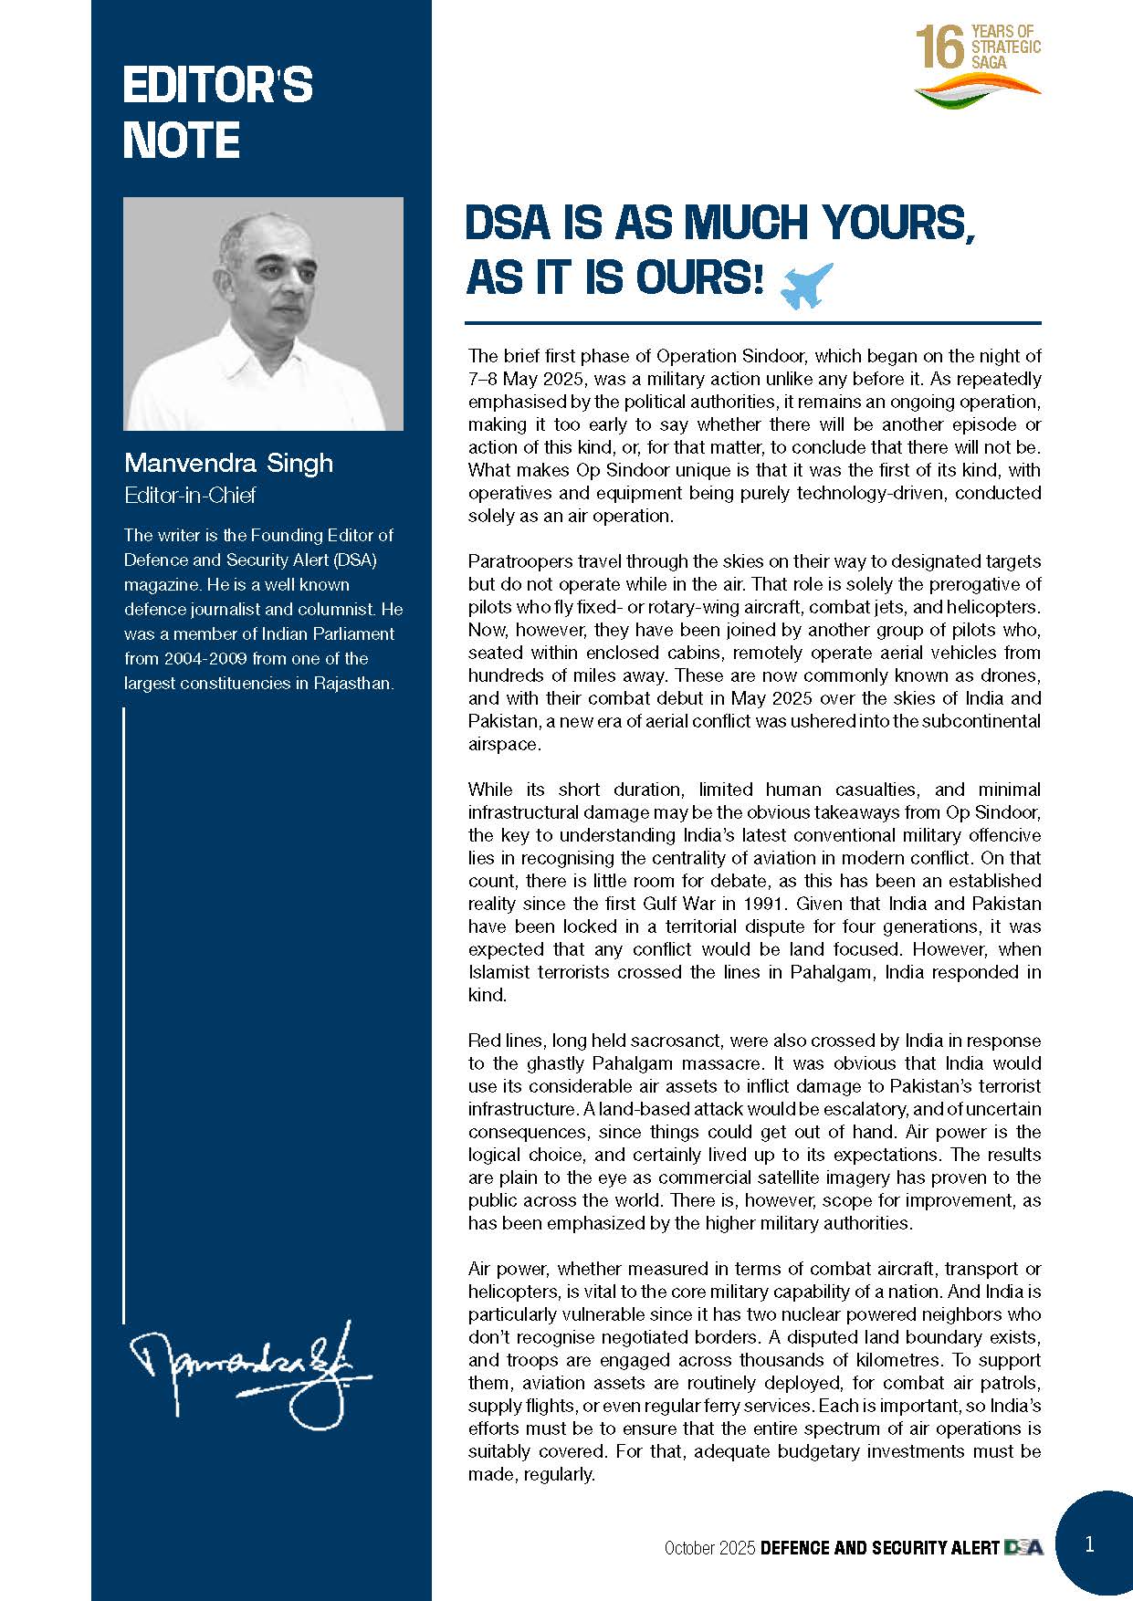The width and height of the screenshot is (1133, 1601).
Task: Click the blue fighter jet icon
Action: pos(808,286)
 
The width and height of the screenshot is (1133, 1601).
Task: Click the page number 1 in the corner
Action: pos(1089,1543)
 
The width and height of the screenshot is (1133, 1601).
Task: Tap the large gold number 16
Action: pos(939,47)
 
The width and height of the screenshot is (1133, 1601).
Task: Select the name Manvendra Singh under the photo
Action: pos(228,463)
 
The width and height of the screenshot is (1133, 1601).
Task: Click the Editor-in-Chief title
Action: pos(190,496)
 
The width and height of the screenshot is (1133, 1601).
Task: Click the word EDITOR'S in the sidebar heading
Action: pos(217,86)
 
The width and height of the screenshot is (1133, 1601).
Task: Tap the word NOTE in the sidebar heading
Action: pos(181,141)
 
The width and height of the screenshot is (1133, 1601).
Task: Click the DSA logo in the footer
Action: pos(1023,1547)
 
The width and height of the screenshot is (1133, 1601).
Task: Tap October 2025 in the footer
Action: pos(709,1548)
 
